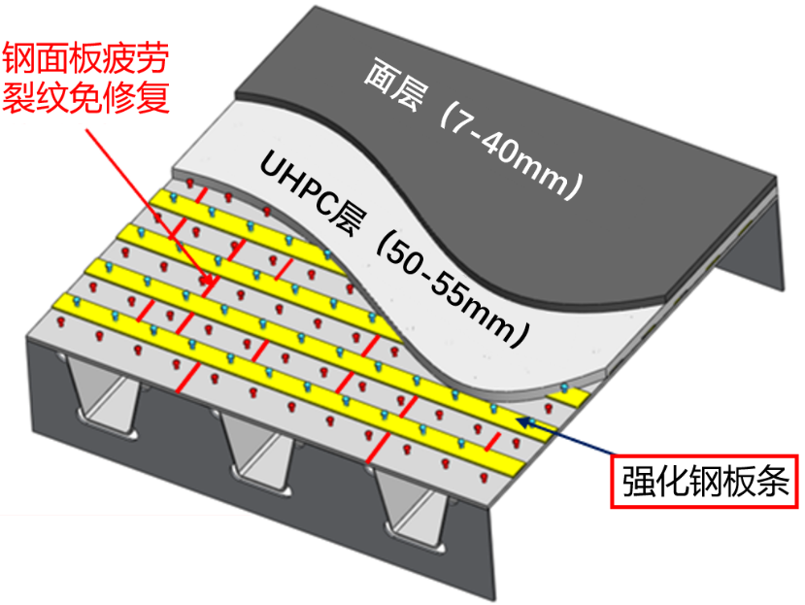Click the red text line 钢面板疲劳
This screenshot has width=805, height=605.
86,58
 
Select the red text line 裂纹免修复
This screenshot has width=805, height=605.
86,96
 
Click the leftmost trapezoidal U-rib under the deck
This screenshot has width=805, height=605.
103,395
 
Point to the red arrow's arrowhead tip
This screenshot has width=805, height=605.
212,283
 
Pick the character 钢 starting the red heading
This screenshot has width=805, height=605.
19,58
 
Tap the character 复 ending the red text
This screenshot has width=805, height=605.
153,96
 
